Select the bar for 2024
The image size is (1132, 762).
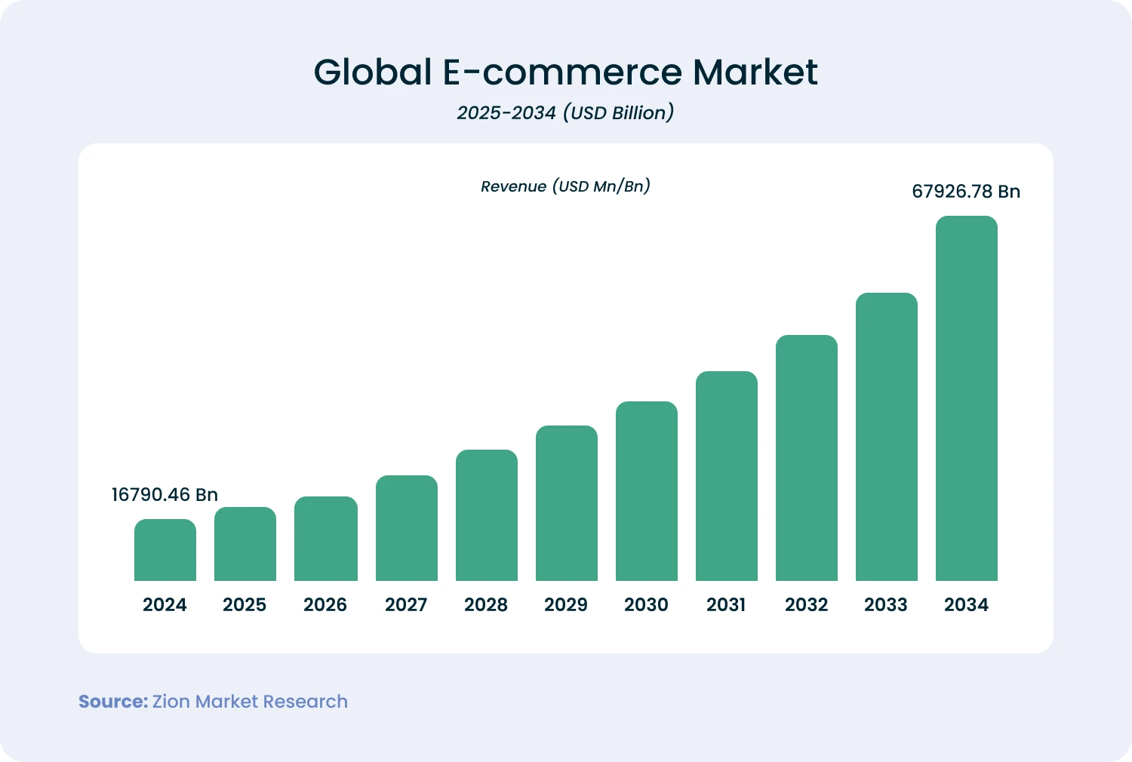coord(165,550)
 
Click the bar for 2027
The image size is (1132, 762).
coord(407,528)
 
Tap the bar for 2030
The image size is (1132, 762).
coord(647,491)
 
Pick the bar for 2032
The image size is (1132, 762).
coord(807,458)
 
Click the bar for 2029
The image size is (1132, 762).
coord(567,503)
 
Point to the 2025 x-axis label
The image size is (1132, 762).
coord(245,604)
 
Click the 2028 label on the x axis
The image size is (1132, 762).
coord(486,604)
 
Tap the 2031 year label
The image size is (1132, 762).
coord(726,604)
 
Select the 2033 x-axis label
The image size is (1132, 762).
coord(886,604)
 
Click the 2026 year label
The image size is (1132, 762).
coord(325,604)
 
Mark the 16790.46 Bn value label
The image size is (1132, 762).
coord(165,495)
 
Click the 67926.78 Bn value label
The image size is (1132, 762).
coord(966,192)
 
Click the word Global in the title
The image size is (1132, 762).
coord(373,72)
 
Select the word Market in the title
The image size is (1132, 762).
coord(755,72)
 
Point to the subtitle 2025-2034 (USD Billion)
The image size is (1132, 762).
coord(565,113)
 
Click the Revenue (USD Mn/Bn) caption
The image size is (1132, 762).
coord(565,186)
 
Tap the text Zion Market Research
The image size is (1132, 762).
coord(250,702)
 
